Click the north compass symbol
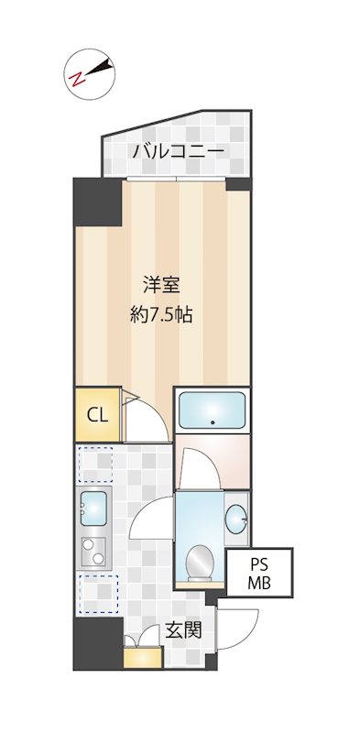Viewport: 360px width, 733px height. click(x=89, y=72)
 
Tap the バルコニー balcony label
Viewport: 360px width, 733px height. click(x=178, y=151)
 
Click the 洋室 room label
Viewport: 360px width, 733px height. click(x=158, y=282)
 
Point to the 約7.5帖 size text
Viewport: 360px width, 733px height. click(x=160, y=314)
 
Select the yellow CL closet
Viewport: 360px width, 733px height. click(x=97, y=414)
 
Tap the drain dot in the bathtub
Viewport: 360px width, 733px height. click(x=213, y=423)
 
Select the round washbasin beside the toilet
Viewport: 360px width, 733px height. click(x=236, y=520)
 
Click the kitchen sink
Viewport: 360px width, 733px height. click(x=94, y=507)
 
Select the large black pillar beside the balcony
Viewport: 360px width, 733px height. click(x=97, y=202)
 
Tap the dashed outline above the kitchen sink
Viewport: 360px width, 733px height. click(x=95, y=464)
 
